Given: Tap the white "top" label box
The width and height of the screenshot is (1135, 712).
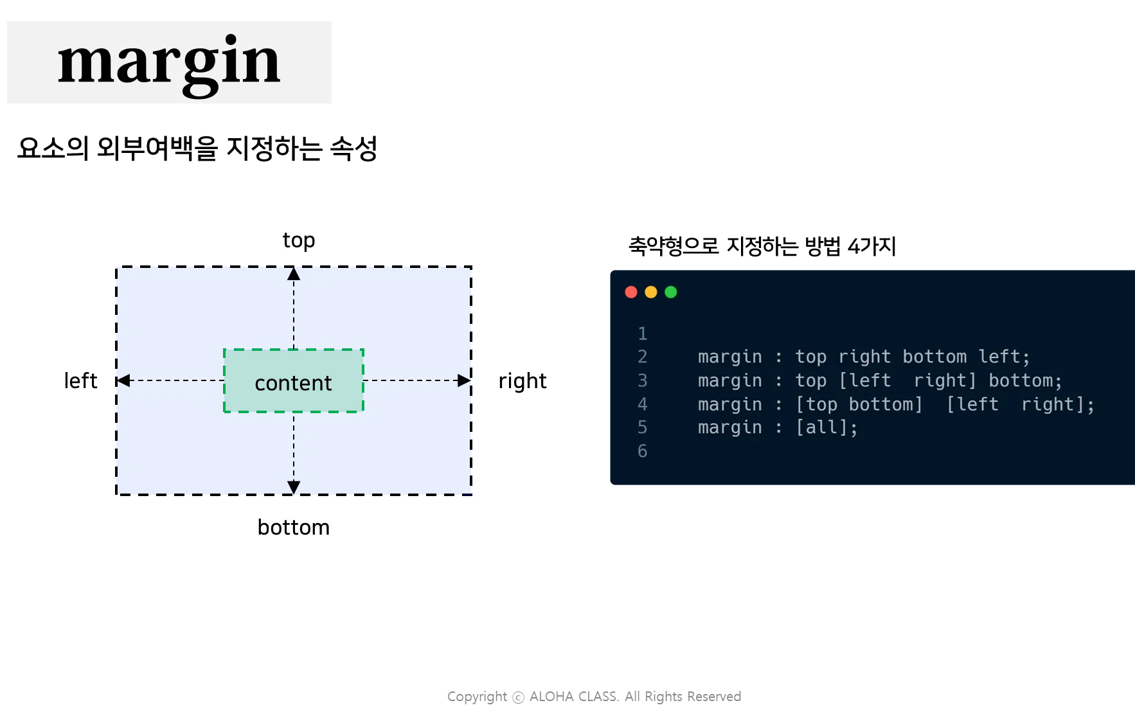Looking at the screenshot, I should click(x=300, y=241).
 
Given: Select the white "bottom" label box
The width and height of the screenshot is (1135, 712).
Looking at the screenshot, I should click(x=293, y=527).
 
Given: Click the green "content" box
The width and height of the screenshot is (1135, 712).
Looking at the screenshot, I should click(x=294, y=382).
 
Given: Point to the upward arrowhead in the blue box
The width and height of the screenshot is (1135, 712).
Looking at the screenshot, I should click(x=294, y=274).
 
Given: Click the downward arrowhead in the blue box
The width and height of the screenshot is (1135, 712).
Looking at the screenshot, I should click(x=294, y=487).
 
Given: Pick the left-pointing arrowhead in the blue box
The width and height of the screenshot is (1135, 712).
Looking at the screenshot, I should click(x=123, y=380).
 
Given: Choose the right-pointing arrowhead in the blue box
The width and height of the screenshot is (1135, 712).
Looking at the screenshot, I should click(x=463, y=380).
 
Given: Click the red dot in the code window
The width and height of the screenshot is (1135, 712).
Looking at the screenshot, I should click(x=631, y=292).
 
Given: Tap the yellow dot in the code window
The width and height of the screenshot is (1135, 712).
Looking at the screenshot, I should click(x=651, y=292).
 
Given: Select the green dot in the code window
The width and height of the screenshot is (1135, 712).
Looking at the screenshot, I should click(x=671, y=292).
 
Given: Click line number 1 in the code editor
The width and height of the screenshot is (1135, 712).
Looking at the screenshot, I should click(x=642, y=334).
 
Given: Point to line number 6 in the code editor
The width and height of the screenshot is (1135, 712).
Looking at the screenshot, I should click(x=642, y=451).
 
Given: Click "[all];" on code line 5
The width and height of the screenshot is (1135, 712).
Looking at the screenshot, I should click(x=827, y=427).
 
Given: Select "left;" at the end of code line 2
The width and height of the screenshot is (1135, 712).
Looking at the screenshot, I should click(x=1004, y=357).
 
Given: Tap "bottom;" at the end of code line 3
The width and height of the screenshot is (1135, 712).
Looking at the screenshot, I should click(x=1025, y=380).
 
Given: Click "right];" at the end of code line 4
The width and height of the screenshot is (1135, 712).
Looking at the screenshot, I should click(x=1057, y=404).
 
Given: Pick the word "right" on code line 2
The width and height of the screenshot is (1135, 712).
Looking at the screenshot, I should click(x=864, y=357).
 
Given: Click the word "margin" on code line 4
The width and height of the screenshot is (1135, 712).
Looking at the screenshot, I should click(x=729, y=404).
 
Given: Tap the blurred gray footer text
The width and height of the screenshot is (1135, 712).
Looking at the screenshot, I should click(x=596, y=697).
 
